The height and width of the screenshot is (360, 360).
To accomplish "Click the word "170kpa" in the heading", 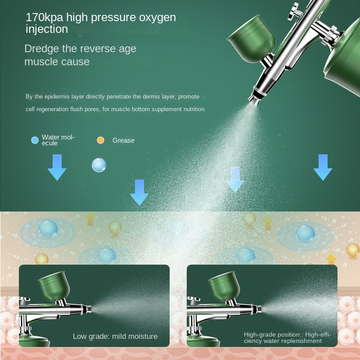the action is tap(44, 18).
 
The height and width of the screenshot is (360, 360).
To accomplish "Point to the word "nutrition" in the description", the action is tap(194, 109).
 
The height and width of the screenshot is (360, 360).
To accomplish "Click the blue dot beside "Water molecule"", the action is tap(35, 140).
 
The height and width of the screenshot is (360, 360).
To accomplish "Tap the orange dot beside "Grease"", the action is tap(100, 140).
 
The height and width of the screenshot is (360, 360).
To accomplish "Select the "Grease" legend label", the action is tap(123, 140).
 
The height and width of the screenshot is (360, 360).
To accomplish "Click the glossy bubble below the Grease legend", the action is tap(99, 165).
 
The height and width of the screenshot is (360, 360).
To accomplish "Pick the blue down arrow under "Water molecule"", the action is tap(57, 167).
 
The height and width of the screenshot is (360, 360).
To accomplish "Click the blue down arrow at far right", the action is tap(323, 167).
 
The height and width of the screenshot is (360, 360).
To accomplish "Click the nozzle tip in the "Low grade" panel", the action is tap(89, 309).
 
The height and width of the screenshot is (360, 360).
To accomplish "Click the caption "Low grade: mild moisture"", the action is tap(115, 336).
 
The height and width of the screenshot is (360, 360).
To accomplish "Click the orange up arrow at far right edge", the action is tap(331, 259).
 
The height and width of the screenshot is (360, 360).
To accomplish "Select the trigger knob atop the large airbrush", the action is tap(295, 11).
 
